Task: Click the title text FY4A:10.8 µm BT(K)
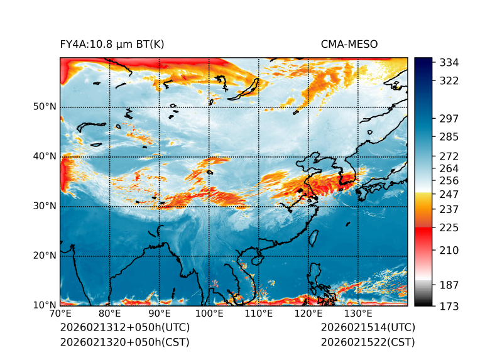(x=112, y=45)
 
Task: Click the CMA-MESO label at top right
(x=349, y=45)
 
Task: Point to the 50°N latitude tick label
(x=45, y=107)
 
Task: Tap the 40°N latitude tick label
(x=45, y=156)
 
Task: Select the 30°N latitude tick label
(x=45, y=206)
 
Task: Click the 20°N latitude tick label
(x=45, y=256)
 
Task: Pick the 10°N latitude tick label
(x=45, y=305)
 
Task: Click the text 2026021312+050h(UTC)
(x=124, y=328)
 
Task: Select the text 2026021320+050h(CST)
(x=124, y=342)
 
